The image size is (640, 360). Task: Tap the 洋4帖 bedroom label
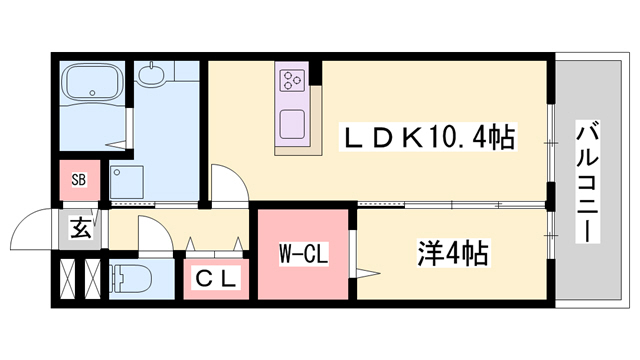[x=453, y=251]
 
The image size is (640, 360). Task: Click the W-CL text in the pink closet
[x=301, y=252]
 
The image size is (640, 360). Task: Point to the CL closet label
[x=216, y=280]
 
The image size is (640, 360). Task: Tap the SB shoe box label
[x=79, y=181]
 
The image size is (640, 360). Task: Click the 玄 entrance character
[x=79, y=229]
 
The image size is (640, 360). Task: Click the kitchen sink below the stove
[x=294, y=125]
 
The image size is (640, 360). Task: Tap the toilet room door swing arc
[x=151, y=237]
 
